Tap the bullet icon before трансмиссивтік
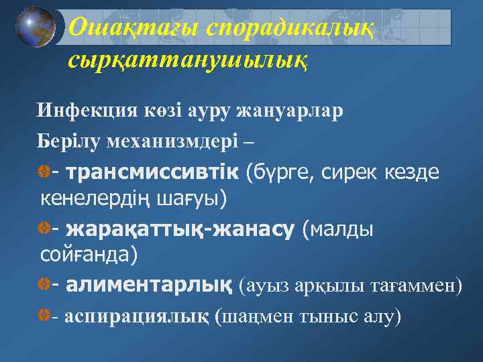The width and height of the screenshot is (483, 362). (x=45, y=173)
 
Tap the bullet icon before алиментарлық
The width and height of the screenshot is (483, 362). (x=45, y=286)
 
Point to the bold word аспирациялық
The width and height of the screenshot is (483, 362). (x=137, y=316)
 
